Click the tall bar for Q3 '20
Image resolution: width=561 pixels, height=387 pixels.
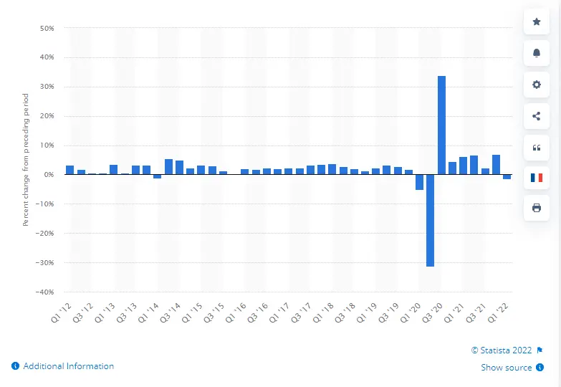(x=441, y=125)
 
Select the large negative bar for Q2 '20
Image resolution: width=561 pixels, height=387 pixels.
(x=430, y=221)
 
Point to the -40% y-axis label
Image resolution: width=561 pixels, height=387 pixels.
(x=44, y=292)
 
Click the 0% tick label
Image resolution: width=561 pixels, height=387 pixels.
(x=49, y=175)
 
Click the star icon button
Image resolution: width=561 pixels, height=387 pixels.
(x=537, y=22)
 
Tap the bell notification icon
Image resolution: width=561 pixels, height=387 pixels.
(x=537, y=53)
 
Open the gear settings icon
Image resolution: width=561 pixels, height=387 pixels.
(x=537, y=85)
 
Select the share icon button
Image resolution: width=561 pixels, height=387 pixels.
(x=537, y=115)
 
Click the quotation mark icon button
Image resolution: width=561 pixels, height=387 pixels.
(x=537, y=147)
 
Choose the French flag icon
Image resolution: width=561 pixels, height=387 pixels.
(x=537, y=178)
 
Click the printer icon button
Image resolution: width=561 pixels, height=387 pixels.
(x=537, y=209)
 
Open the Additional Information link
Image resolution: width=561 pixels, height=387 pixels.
(x=68, y=366)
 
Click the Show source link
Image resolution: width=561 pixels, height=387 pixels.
(x=507, y=368)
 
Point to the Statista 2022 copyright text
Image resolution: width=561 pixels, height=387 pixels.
(x=502, y=350)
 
